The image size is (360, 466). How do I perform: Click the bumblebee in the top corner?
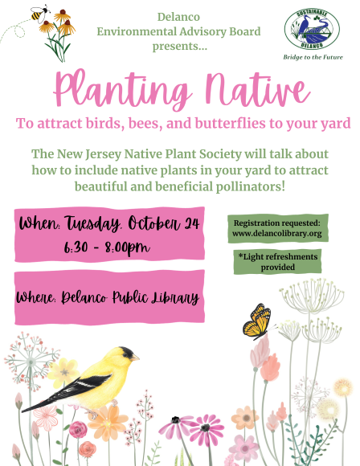click(x=39, y=14)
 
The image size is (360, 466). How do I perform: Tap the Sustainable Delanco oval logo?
click(x=312, y=29)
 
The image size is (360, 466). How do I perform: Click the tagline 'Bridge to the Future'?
click(x=313, y=57)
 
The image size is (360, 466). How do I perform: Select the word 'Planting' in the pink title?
click(x=122, y=88)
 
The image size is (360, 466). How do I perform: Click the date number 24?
click(x=191, y=223)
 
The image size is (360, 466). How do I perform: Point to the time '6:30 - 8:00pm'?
click(x=107, y=247)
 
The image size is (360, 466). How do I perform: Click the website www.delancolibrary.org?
click(x=277, y=233)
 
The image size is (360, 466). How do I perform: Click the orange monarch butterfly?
click(x=258, y=322)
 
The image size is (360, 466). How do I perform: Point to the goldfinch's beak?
click(x=135, y=358)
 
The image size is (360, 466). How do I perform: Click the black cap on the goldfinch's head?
click(x=126, y=353)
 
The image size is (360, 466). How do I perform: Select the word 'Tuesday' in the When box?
click(x=92, y=223)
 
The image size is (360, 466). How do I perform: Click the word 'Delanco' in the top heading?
click(x=178, y=17)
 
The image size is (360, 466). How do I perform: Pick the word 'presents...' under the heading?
click(x=180, y=47)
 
